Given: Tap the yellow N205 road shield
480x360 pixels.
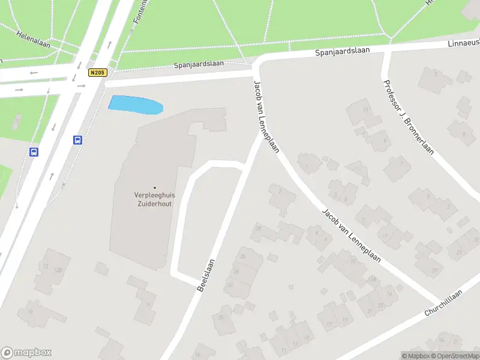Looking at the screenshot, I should coord(97,73).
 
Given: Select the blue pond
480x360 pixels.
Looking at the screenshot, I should coord(136,104).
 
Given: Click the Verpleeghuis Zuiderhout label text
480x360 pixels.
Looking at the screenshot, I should coord(154,199).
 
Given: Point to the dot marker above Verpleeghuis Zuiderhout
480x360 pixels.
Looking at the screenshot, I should coord(154,188).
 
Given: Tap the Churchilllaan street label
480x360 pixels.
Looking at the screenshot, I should coord(443,303).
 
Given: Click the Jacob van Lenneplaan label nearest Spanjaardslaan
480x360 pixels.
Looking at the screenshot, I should coord(266,117).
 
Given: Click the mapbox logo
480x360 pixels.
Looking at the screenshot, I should coord(26,353).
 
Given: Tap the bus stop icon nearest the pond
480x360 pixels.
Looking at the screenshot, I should coord(77,140).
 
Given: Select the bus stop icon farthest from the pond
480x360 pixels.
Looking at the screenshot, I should coord(34,152).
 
